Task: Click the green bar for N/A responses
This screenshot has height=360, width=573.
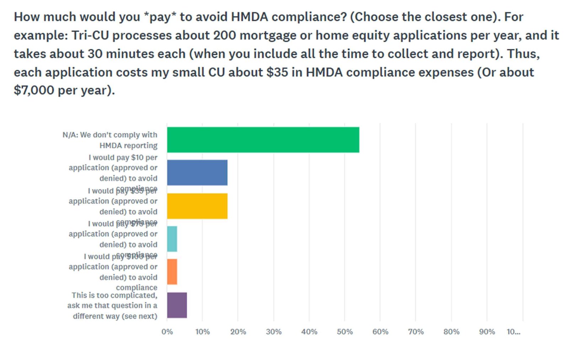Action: (x=263, y=140)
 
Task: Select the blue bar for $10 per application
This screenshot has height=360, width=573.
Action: (x=197, y=173)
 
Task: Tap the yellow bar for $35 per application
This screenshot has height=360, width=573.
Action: (x=197, y=206)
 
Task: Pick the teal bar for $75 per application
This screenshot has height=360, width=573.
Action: (x=172, y=239)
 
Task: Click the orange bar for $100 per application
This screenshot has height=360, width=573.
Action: (x=172, y=272)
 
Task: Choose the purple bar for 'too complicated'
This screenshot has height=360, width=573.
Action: (x=177, y=305)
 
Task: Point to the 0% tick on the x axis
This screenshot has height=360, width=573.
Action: (x=167, y=332)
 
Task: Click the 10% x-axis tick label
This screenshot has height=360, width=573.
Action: (x=203, y=332)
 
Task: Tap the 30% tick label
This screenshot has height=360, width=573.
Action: (x=274, y=332)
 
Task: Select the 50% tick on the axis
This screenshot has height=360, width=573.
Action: (x=345, y=332)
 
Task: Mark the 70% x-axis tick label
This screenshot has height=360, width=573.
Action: (x=416, y=332)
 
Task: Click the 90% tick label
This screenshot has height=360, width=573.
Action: (x=487, y=332)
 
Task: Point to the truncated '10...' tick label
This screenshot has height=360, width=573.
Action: (x=514, y=332)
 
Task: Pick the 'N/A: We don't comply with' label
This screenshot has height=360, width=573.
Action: (x=110, y=135)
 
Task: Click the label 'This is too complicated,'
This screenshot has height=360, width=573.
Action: (x=114, y=295)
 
